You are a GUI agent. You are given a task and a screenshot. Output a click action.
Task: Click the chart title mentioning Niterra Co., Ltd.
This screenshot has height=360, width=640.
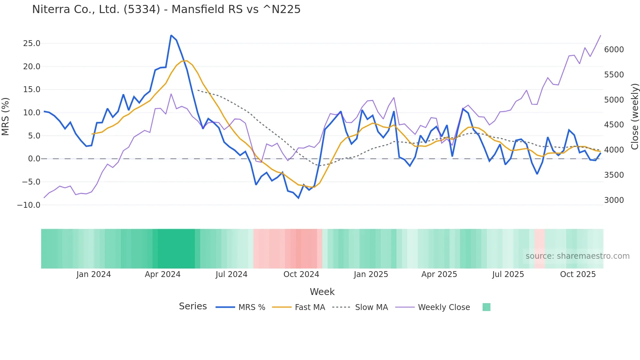166,9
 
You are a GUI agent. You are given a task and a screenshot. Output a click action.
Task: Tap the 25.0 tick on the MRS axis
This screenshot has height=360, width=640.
32,43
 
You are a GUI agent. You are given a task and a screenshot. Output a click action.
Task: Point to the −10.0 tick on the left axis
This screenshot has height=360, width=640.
29,205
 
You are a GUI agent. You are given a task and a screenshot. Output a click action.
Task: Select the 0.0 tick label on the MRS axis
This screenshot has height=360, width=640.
34,159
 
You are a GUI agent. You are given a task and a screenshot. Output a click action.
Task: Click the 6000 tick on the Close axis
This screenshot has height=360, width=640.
614,50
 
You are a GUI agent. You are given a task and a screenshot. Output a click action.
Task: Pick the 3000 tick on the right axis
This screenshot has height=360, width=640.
614,200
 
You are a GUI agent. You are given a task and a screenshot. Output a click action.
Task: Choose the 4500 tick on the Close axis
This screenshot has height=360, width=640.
614,125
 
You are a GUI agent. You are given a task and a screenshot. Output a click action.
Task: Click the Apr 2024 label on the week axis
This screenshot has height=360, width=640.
163,274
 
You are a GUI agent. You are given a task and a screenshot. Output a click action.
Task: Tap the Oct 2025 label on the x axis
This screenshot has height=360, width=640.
578,274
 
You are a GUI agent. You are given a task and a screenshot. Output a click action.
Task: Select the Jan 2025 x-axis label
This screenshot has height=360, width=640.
371,274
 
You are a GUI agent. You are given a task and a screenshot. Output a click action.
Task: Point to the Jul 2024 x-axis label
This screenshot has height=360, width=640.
231,274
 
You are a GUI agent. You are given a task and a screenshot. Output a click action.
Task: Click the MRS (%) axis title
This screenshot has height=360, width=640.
6,116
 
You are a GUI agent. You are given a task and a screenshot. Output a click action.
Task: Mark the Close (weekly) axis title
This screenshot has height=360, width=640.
634,116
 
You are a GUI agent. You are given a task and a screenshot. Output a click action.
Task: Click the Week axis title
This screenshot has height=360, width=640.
322,292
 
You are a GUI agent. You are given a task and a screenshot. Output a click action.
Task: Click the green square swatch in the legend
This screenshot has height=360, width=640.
486,307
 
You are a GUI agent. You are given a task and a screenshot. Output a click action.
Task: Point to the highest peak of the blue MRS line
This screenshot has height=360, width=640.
171,35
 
